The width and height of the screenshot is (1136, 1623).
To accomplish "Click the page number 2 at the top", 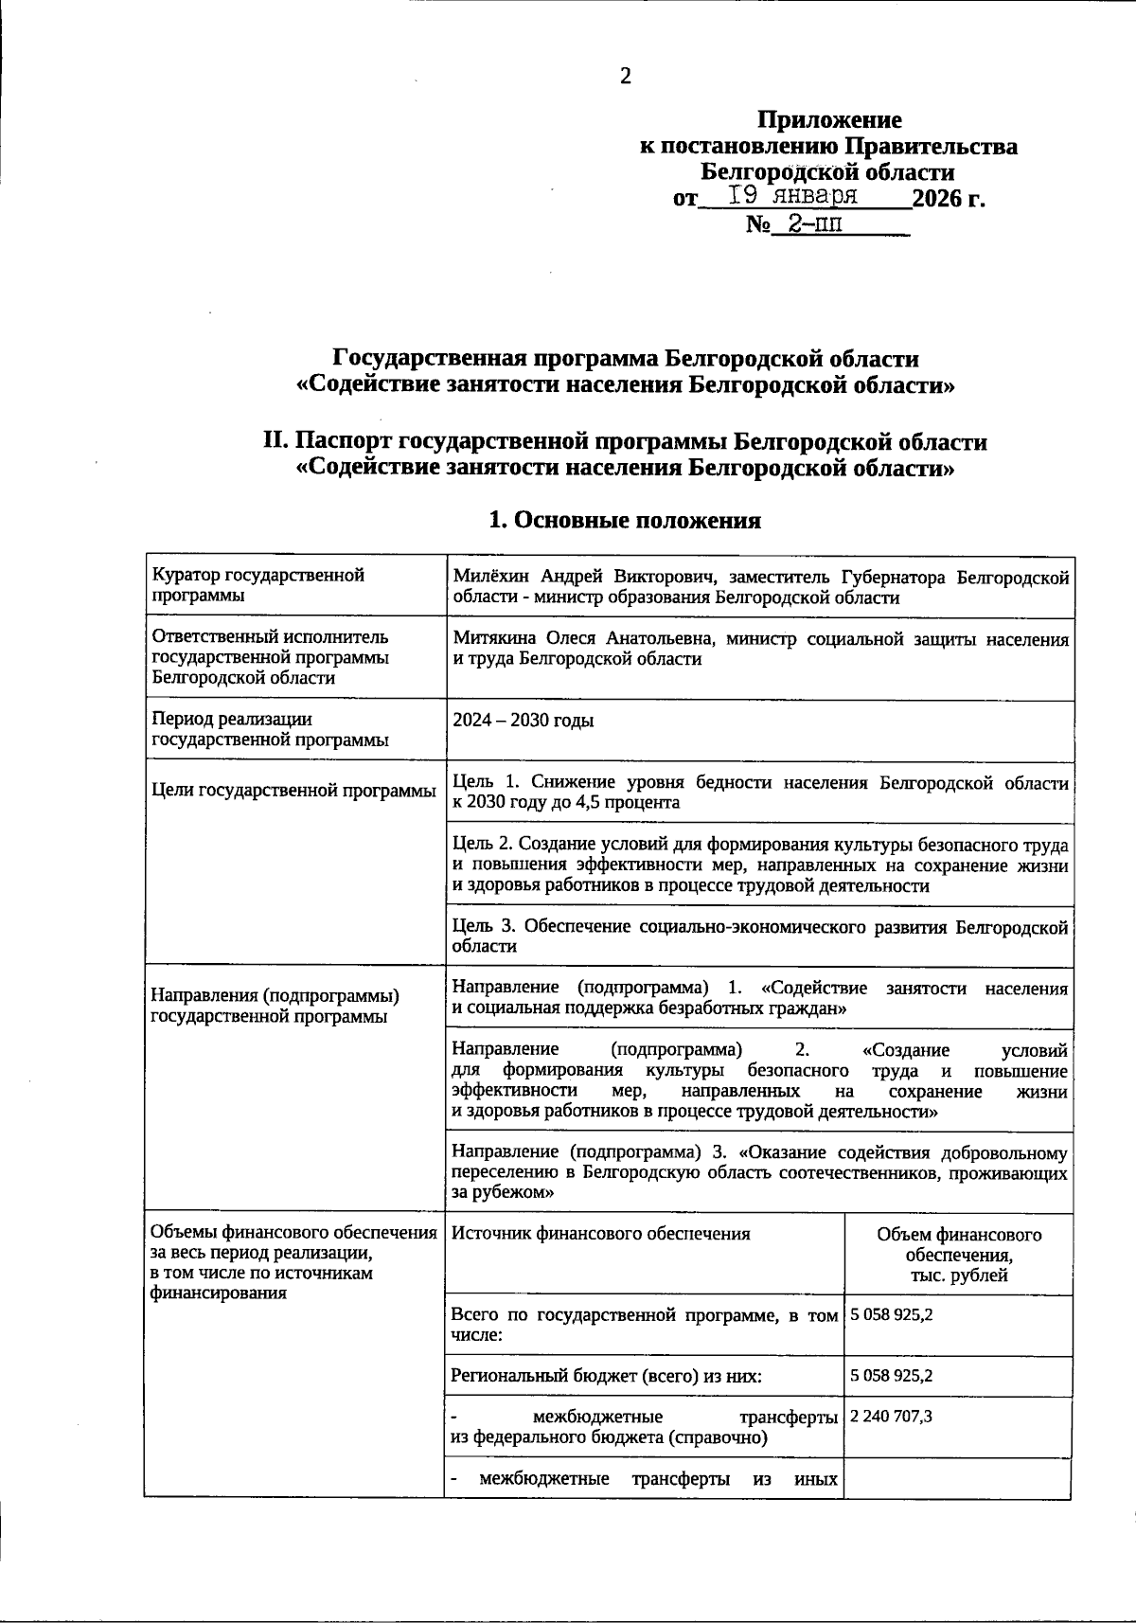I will pos(625,77).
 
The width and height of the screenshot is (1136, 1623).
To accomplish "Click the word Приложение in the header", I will pos(829,120).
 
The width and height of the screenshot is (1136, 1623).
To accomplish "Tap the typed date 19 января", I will pos(793,196).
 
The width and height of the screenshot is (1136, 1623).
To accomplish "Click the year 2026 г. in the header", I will pos(948,199).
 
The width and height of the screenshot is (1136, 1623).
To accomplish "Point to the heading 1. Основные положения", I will pos(625,520).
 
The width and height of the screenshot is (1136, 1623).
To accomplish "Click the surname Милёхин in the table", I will pos(492,577).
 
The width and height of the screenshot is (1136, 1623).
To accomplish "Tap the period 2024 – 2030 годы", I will pos(524,721).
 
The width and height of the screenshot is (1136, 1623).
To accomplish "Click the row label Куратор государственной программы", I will pos(258,585).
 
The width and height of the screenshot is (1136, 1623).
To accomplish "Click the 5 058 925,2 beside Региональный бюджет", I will pos(892,1376).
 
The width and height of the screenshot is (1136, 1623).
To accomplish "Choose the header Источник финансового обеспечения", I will pos(601,1234).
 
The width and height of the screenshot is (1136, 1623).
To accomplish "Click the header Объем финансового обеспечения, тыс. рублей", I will pos(958,1255).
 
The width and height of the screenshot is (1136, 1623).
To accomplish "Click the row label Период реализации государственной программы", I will pos(270,730).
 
